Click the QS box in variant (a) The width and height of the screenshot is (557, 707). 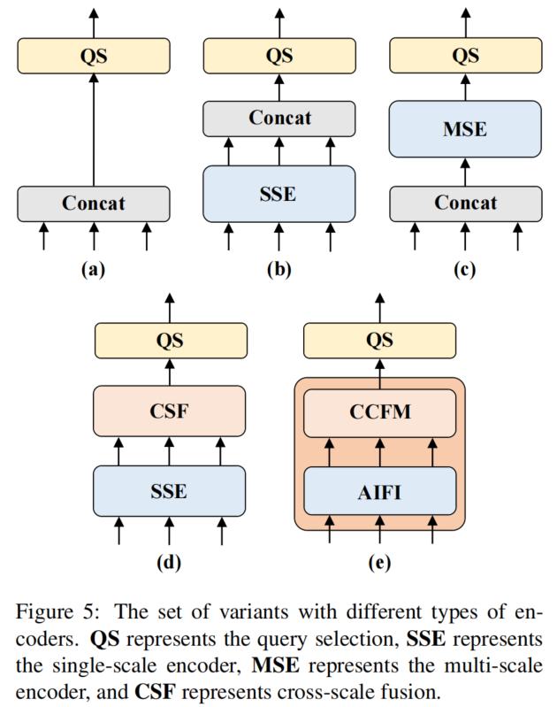94,56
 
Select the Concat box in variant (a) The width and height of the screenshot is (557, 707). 94,204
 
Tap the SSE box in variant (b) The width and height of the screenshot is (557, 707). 279,193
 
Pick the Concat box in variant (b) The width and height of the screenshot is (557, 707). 279,118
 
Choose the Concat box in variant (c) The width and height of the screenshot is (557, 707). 465,204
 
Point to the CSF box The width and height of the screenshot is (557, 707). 169,411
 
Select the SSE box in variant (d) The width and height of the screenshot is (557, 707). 169,490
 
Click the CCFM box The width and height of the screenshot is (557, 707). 379,411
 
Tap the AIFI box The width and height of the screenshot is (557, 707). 379,490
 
